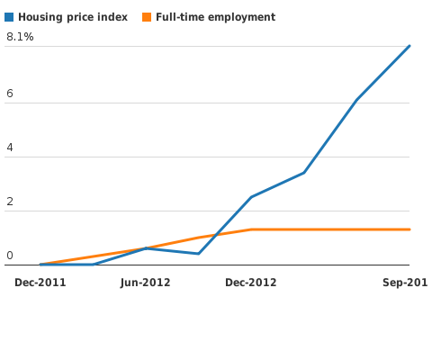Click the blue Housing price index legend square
click(9, 17)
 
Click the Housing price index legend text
click(73, 17)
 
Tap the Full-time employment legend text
click(216, 17)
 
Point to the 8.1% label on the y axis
click(20, 37)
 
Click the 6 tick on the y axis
click(10, 94)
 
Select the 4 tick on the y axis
click(10, 148)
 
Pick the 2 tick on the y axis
click(10, 202)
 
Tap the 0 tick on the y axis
click(10, 256)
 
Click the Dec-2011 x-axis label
click(40, 283)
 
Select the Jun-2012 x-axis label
click(146, 283)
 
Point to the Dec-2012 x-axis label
click(251, 283)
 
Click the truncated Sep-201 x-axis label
click(405, 283)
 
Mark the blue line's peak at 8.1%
click(409, 46)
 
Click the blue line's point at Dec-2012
click(251, 196)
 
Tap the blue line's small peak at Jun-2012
click(146, 247)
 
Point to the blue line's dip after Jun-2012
click(198, 254)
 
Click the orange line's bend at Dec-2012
click(251, 229)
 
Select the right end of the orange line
click(409, 229)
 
